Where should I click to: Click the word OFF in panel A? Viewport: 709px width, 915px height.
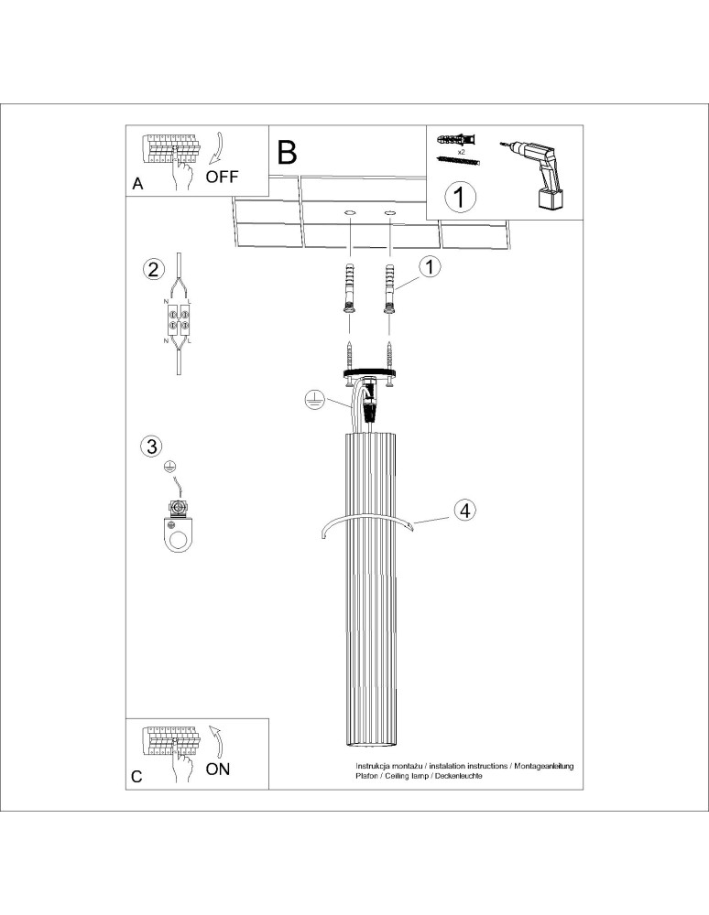click(223, 177)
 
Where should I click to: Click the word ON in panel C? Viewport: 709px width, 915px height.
click(218, 769)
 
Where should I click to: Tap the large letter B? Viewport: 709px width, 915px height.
click(287, 152)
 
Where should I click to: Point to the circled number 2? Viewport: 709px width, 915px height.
click(153, 269)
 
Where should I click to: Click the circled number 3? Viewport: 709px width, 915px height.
click(151, 447)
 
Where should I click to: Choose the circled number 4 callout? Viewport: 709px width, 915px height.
click(465, 511)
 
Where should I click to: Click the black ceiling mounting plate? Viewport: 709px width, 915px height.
click(370, 372)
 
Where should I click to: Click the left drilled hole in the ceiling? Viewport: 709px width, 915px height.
click(350, 213)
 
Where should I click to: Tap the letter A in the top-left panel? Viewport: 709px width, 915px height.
click(137, 184)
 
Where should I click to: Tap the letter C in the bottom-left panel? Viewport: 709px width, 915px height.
click(136, 777)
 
